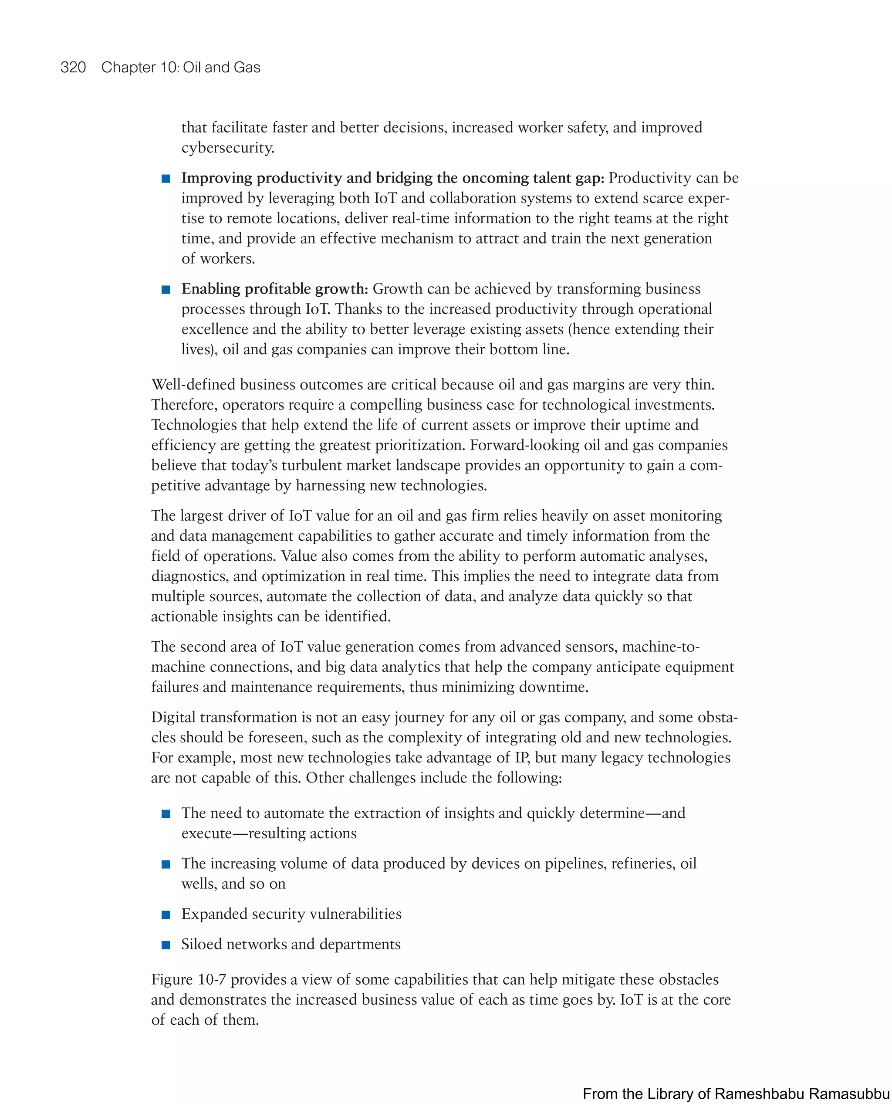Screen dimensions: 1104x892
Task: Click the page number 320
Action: tap(73, 68)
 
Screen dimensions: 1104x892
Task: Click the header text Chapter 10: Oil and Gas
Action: tap(180, 68)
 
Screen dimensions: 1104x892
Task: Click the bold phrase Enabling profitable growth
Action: tap(274, 289)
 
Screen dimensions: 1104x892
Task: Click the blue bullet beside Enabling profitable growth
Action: tap(166, 289)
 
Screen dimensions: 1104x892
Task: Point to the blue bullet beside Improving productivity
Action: tap(166, 178)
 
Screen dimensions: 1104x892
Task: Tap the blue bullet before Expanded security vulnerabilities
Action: tap(166, 914)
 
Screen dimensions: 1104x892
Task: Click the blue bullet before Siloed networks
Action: tap(166, 945)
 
